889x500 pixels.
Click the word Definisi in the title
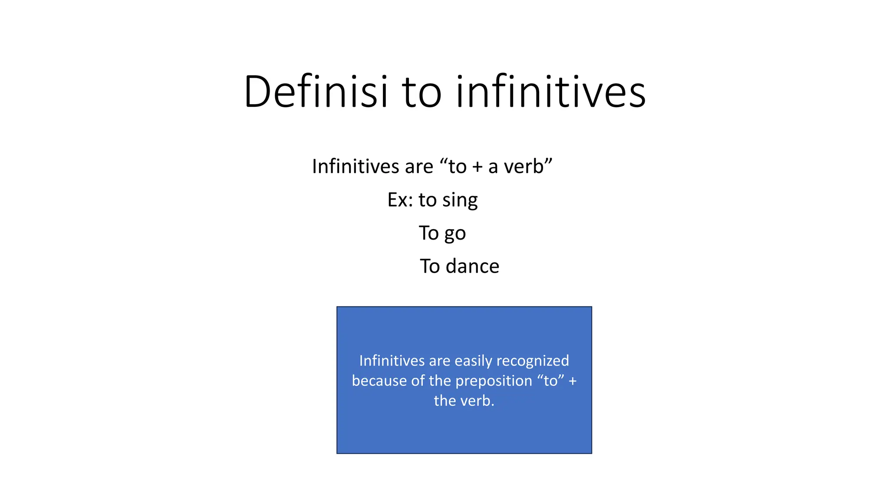[316, 92]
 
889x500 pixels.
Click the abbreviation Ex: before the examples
[400, 200]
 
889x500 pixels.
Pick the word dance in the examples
[473, 266]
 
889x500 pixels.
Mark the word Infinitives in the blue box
[392, 361]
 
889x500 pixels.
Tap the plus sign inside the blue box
[573, 381]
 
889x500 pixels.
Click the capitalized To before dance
[430, 266]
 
